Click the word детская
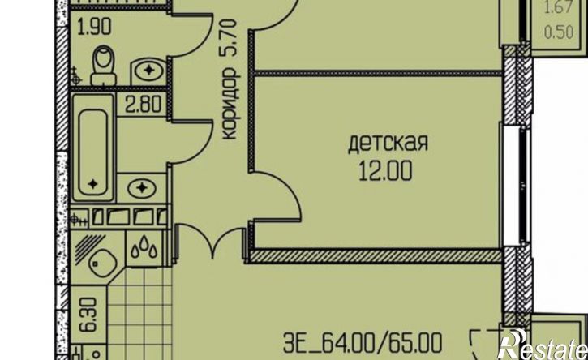point(388,144)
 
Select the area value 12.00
point(386,171)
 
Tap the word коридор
point(230,104)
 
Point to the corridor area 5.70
point(230,38)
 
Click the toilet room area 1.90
point(94,27)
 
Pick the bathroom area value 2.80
point(144,105)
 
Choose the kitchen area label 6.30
point(88,315)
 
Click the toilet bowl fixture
point(104,65)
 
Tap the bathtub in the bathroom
point(93,148)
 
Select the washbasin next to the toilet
point(149,71)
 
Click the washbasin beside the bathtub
point(141,188)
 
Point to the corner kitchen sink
point(101,261)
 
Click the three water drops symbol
point(144,249)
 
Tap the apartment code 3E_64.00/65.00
point(363,343)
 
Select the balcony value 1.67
point(559,8)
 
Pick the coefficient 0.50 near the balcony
point(559,32)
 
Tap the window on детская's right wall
point(514,185)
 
